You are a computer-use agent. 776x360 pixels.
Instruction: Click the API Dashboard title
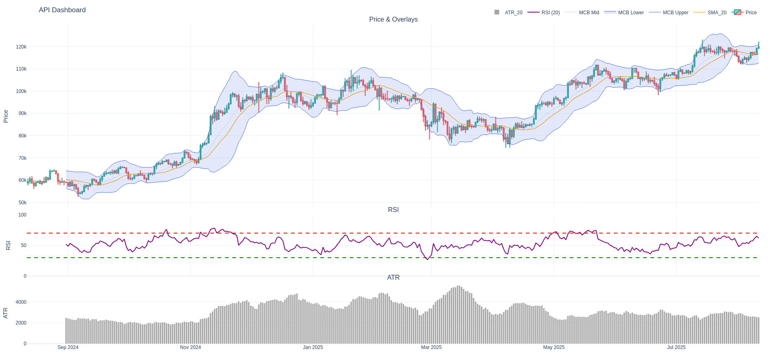(x=62, y=10)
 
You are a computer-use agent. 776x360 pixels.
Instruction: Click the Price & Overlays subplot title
(x=393, y=20)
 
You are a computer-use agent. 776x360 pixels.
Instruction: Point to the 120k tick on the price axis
(x=21, y=47)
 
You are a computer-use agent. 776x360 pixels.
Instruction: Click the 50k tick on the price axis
(x=22, y=203)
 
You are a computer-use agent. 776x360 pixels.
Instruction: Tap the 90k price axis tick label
(x=22, y=113)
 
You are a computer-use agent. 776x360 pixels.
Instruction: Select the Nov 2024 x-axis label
(x=190, y=347)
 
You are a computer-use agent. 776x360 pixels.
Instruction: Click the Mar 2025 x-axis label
(x=431, y=347)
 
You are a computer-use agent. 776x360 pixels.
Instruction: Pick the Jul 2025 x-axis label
(x=676, y=347)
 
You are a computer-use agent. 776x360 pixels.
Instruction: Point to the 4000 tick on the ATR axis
(x=21, y=302)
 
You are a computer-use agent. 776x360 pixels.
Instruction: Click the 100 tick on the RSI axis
(x=22, y=215)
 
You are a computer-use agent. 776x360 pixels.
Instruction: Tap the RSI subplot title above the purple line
(x=393, y=210)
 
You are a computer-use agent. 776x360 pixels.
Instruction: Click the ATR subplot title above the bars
(x=393, y=278)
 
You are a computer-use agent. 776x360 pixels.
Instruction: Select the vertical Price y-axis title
(x=6, y=116)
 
